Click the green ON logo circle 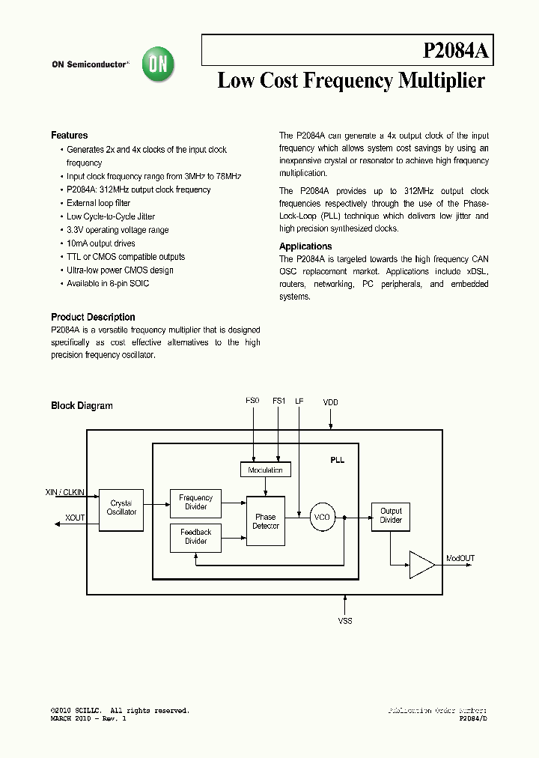pos(159,64)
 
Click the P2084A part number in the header pos(455,51)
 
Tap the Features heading pos(70,136)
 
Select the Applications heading pos(305,246)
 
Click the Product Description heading pos(93,318)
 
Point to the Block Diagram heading pos(82,406)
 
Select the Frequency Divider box pos(195,503)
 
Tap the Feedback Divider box pos(195,537)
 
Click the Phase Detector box pos(266,521)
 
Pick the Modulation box pos(265,470)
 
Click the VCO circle pos(321,517)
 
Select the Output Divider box pos(391,516)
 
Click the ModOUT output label pos(460,559)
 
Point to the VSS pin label pos(345,622)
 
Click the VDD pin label pos(331,403)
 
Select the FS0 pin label pos(252,401)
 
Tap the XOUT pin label pos(75,518)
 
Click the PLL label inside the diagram pos(337,460)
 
